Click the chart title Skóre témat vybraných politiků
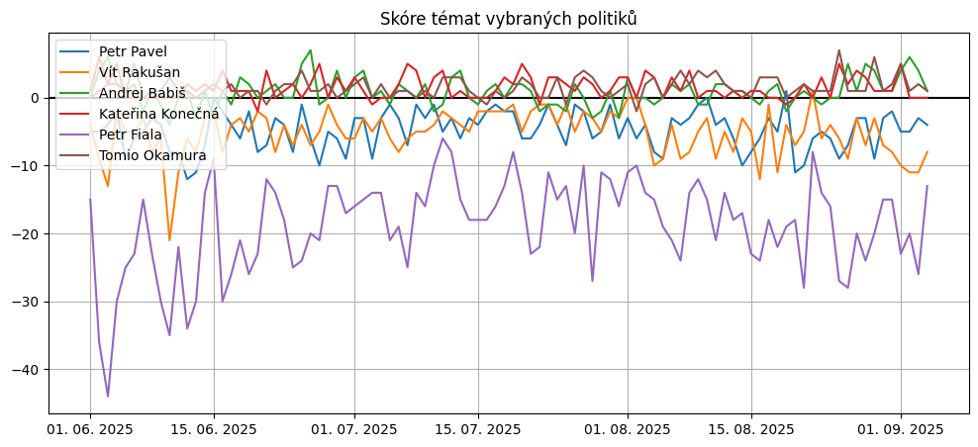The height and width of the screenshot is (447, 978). pyautogui.click(x=509, y=19)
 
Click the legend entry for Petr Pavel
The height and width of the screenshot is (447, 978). pyautogui.click(x=133, y=51)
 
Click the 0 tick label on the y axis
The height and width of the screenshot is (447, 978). pyautogui.click(x=34, y=98)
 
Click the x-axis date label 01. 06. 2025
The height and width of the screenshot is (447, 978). pyautogui.click(x=90, y=429)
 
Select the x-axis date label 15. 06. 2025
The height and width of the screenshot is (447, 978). pyautogui.click(x=214, y=429)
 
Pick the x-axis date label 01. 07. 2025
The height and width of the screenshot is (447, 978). pyautogui.click(x=354, y=429)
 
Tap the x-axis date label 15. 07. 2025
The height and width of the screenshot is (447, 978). pyautogui.click(x=478, y=429)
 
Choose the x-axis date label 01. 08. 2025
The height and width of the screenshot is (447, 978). pyautogui.click(x=628, y=429)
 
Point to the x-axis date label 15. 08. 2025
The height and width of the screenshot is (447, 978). pyautogui.click(x=751, y=429)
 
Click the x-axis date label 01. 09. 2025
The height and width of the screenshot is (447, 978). pyautogui.click(x=901, y=429)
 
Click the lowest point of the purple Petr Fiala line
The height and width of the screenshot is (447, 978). pyautogui.click(x=108, y=397)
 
